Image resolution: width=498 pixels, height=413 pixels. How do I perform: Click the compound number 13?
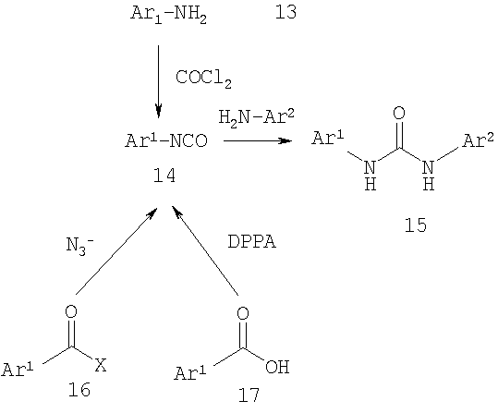(x=285, y=13)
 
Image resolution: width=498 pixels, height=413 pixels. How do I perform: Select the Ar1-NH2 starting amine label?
(x=169, y=15)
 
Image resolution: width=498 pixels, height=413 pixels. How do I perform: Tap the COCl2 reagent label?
(x=203, y=79)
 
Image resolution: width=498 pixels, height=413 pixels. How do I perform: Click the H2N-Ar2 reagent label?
(x=256, y=118)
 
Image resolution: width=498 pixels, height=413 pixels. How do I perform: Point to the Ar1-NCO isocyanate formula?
(x=166, y=140)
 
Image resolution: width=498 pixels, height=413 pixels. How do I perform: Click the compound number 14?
(x=164, y=176)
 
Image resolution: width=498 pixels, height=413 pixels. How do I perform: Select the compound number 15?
(x=416, y=225)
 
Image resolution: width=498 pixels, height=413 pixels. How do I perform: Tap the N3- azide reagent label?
(x=79, y=245)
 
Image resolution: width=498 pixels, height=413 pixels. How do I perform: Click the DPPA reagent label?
(x=252, y=242)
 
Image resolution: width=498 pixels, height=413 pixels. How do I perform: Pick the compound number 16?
(x=79, y=389)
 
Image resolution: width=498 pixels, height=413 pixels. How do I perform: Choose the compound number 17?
(x=249, y=395)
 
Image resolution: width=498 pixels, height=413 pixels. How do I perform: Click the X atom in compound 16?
(x=101, y=365)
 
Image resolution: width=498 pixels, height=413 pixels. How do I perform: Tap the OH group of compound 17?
(x=277, y=367)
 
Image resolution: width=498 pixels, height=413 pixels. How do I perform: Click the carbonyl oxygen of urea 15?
(x=399, y=113)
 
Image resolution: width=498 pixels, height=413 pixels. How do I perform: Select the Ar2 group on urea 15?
(x=478, y=140)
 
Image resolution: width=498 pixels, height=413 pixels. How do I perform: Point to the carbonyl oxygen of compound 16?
(x=71, y=311)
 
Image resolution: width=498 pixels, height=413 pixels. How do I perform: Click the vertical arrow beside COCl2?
(x=159, y=81)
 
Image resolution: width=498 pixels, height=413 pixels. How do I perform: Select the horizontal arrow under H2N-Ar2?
(x=258, y=140)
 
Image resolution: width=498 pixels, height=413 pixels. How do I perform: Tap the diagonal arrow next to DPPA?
(x=205, y=250)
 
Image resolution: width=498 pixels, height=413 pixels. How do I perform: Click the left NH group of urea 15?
(x=370, y=175)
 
